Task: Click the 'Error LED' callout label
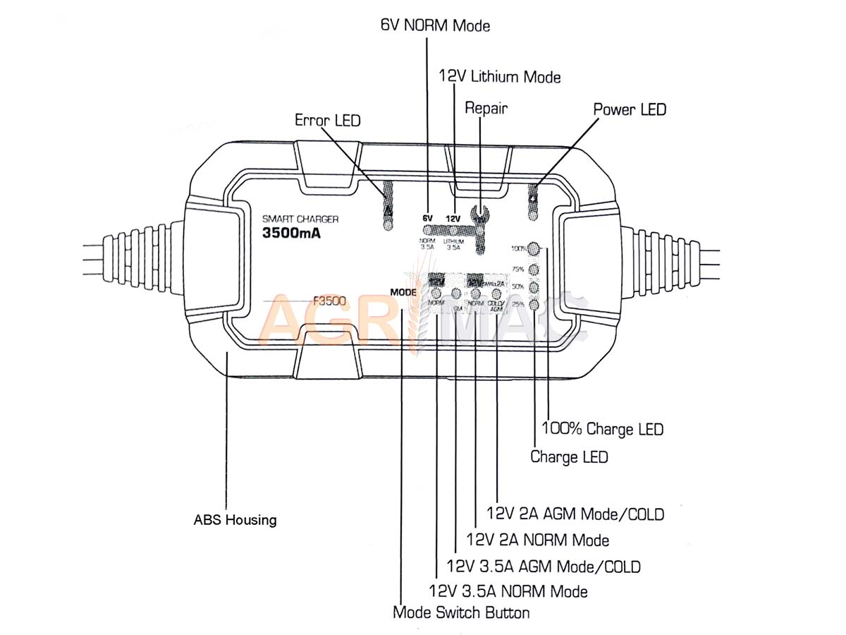tap(327, 121)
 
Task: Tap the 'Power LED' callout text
tap(629, 109)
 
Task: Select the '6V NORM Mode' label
tap(435, 26)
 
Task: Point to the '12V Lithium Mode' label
tap(499, 75)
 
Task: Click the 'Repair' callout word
tap(486, 108)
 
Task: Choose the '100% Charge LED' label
tap(602, 428)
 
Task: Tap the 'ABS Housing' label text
tap(235, 521)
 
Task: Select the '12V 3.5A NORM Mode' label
tap(508, 591)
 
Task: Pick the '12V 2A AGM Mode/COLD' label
tap(575, 514)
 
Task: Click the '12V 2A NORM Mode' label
tap(538, 540)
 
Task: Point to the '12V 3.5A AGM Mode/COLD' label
tap(544, 566)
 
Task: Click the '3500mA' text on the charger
tap(291, 234)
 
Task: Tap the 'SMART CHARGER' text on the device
tap(300, 219)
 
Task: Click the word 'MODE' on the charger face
tap(403, 291)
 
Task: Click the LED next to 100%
tap(534, 249)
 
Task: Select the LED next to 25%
tap(534, 305)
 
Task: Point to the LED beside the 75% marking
tap(534, 269)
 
